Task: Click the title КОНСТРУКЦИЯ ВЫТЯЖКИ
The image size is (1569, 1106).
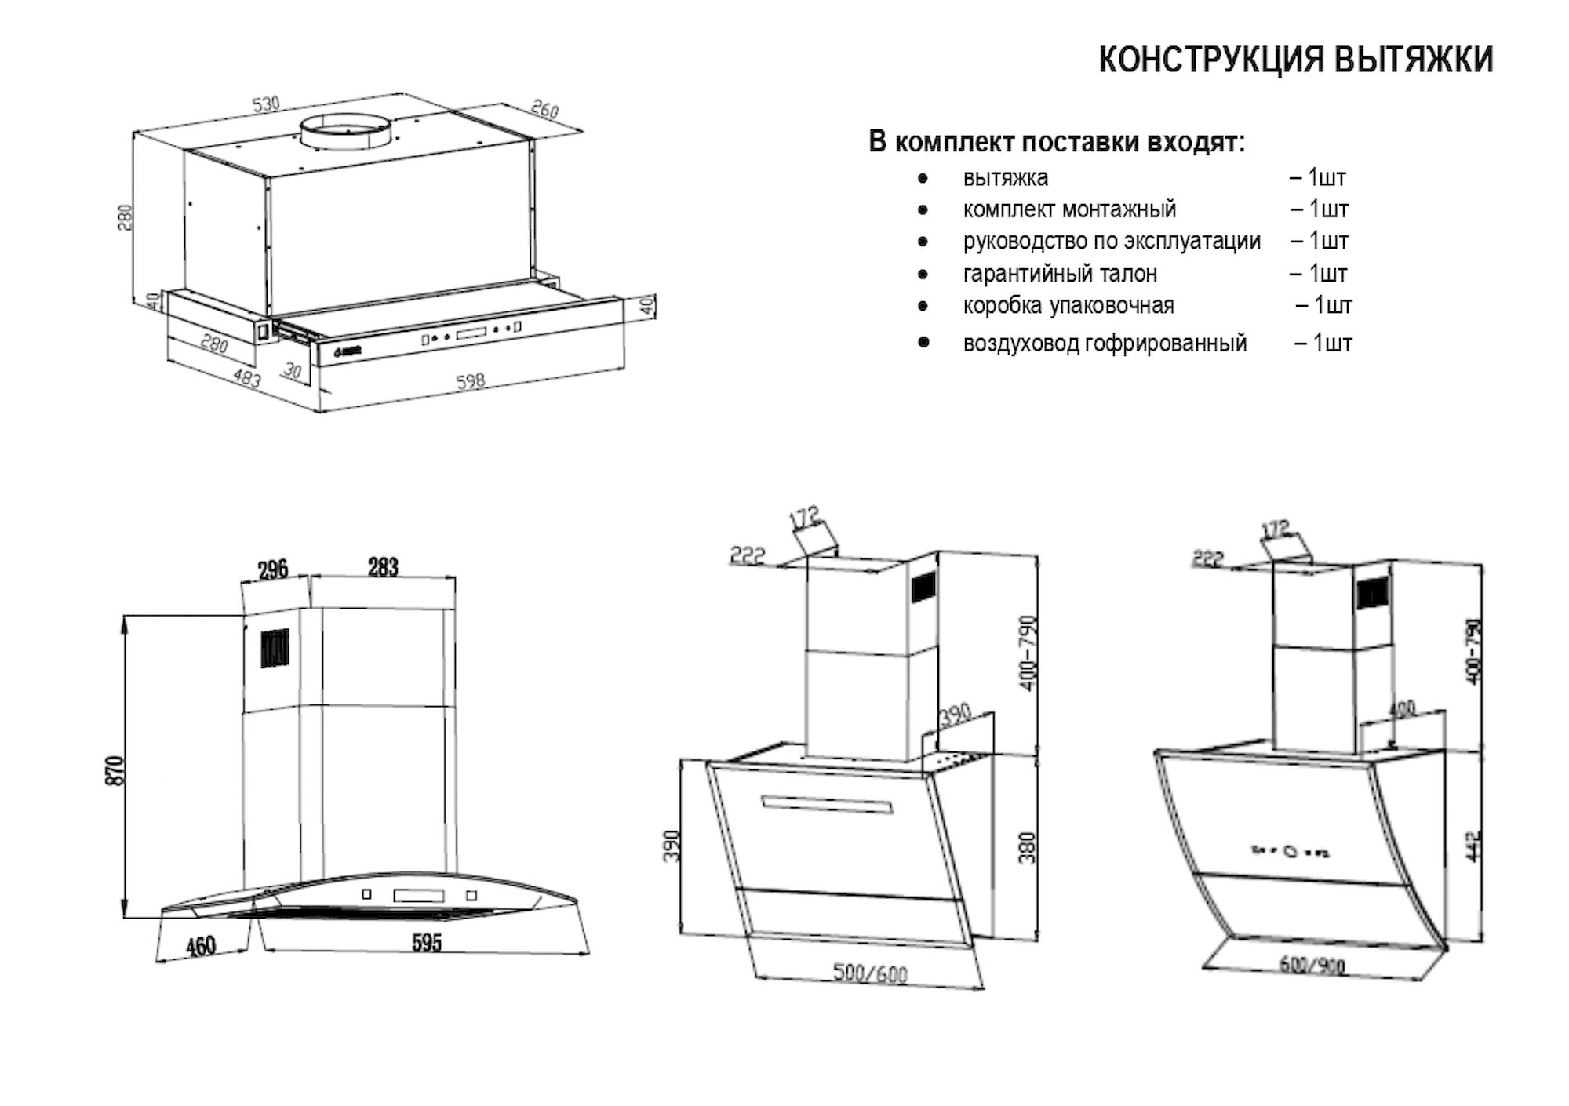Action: click(x=1296, y=60)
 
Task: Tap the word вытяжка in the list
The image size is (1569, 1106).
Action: click(x=1005, y=178)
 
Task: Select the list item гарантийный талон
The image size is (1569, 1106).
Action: click(x=1059, y=274)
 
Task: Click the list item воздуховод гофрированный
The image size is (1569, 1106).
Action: click(x=1105, y=344)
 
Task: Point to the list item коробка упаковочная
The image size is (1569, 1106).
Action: click(x=1068, y=305)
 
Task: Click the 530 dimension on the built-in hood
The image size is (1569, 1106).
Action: click(x=266, y=104)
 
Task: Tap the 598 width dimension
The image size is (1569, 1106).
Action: click(x=470, y=381)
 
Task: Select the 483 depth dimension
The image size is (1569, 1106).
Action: click(x=247, y=378)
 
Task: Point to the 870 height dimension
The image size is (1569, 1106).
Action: click(x=115, y=770)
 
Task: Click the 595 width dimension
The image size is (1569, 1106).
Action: click(x=427, y=942)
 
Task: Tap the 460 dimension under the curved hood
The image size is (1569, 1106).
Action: click(x=201, y=946)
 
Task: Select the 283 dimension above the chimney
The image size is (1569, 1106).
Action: click(x=383, y=567)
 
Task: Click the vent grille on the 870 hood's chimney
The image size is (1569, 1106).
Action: click(x=275, y=648)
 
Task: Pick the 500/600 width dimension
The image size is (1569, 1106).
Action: click(x=869, y=973)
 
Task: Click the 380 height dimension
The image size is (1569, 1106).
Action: click(x=1027, y=847)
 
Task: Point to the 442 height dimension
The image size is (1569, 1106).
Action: click(x=1474, y=846)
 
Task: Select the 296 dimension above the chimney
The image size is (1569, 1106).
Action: click(x=273, y=569)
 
